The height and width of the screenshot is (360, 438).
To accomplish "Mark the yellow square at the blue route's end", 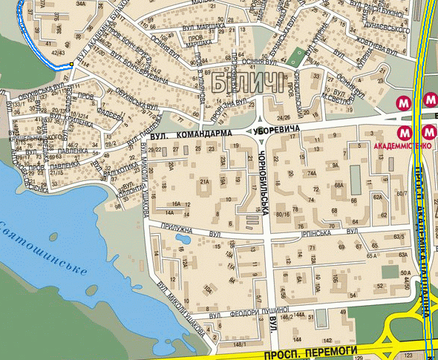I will coord(71,65).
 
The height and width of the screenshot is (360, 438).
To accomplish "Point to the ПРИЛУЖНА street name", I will coord(183,231).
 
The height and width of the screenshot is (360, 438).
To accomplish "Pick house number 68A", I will coord(339,186).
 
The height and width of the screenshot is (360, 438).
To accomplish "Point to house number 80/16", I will coord(283,215).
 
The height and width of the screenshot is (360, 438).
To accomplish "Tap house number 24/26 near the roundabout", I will coord(283,117).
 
